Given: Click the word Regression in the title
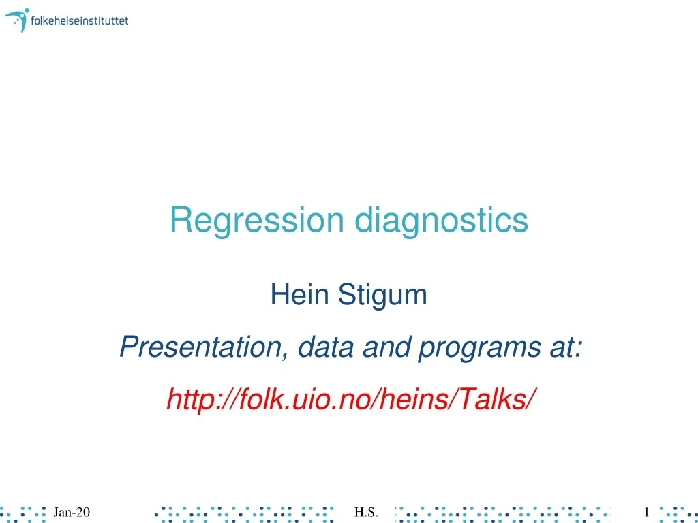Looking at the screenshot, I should pos(257,220).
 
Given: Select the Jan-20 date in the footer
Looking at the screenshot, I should pos(72,512).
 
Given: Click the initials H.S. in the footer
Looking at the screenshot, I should pos(366,512).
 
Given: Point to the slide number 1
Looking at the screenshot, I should pos(646,512).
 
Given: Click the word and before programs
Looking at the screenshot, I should pos(386,348).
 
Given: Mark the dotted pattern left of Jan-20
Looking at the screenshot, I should pos(24,512).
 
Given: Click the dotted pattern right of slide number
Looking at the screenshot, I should pos(674,512).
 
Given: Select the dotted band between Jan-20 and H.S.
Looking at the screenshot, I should pos(245,512).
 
